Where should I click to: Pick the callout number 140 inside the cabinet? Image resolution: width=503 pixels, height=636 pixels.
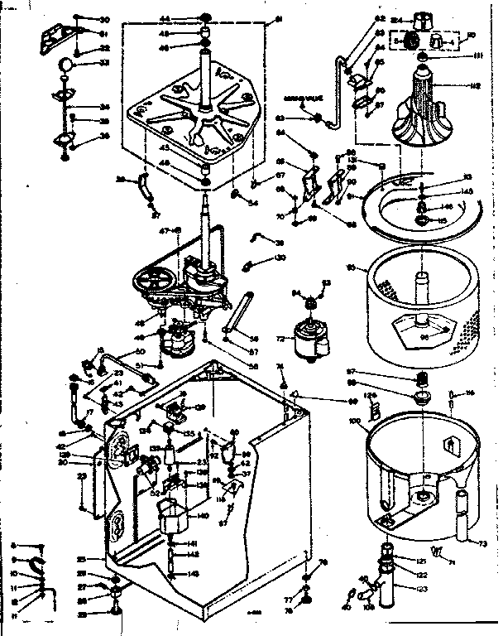point(204,515)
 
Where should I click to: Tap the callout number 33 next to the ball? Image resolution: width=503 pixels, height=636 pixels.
point(104,62)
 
